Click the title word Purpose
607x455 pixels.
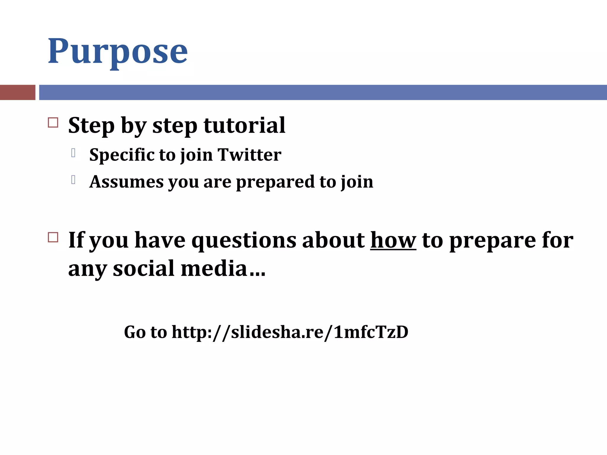pyautogui.click(x=118, y=52)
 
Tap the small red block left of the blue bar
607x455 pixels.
pyautogui.click(x=17, y=92)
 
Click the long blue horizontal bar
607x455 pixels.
pyautogui.click(x=322, y=92)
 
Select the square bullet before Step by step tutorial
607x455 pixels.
pyautogui.click(x=53, y=123)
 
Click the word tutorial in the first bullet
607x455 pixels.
pyautogui.click(x=244, y=126)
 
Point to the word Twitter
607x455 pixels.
pyautogui.click(x=249, y=155)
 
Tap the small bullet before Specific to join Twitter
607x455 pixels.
pyautogui.click(x=73, y=153)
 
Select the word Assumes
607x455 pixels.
pyautogui.click(x=126, y=182)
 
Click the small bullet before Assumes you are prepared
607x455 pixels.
pyautogui.click(x=73, y=180)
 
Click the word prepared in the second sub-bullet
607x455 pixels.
pyautogui.click(x=275, y=182)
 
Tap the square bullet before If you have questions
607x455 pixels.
pyautogui.click(x=53, y=237)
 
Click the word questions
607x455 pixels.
pyautogui.click(x=244, y=241)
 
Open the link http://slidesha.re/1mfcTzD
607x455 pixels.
pyautogui.click(x=290, y=332)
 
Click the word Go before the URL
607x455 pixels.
pyautogui.click(x=135, y=332)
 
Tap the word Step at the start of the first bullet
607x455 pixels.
pyautogui.click(x=91, y=126)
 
